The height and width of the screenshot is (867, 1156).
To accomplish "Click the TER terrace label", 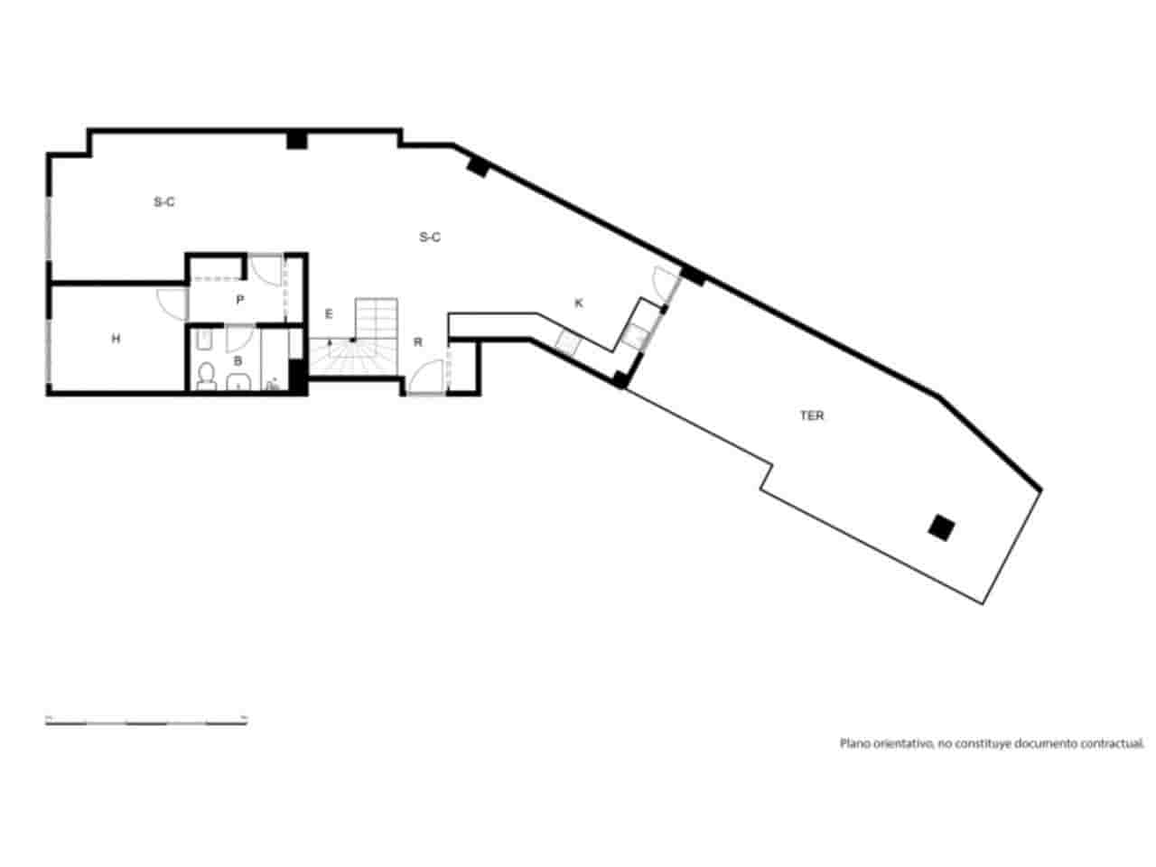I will [x=812, y=416].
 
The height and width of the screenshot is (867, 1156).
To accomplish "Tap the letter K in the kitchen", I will [x=579, y=303].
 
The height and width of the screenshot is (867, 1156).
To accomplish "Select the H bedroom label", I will [x=116, y=339].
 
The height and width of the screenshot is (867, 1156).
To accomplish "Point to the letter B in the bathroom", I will [x=238, y=360].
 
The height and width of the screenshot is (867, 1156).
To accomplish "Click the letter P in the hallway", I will [x=239, y=300].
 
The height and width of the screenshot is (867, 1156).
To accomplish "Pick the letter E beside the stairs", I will [x=329, y=314].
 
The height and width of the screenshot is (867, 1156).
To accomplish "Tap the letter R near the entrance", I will [x=418, y=342].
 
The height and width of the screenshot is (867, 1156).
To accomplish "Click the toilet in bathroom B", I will [x=207, y=376].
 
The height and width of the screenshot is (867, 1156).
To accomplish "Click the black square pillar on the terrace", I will [x=942, y=527].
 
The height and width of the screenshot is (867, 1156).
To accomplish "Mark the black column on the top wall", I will [x=296, y=140].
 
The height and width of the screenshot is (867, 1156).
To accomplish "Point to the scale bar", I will [x=146, y=721].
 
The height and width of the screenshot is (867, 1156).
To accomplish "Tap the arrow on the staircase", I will [x=330, y=342].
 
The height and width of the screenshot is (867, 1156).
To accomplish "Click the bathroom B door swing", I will [x=239, y=339].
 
